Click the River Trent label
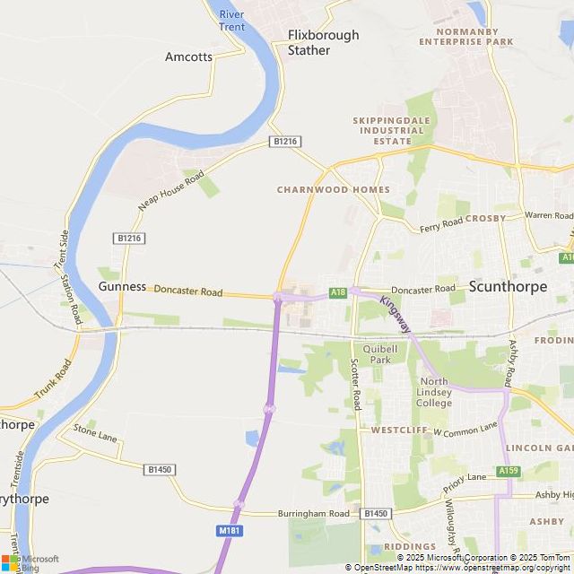tap(231, 21)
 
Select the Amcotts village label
tap(189, 57)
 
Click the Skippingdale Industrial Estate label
tap(392, 130)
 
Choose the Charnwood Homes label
tap(333, 189)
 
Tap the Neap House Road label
tap(170, 190)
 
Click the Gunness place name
tap(122, 286)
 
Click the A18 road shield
tap(337, 291)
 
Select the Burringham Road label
tap(313, 513)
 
